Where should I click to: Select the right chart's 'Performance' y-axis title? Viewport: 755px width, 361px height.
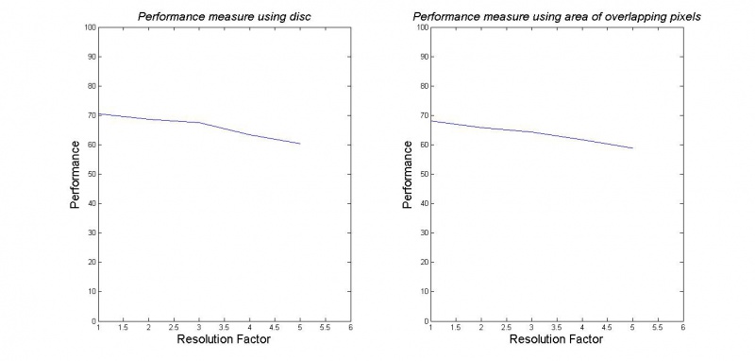click(x=407, y=175)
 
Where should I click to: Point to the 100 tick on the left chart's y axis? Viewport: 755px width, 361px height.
click(x=90, y=27)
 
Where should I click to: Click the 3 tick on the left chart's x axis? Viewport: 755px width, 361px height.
click(x=199, y=328)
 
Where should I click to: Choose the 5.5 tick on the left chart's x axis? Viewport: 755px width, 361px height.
click(x=325, y=328)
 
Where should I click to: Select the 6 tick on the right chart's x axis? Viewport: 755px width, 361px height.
click(x=682, y=328)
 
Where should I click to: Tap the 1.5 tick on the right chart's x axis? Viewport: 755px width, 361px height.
click(x=456, y=328)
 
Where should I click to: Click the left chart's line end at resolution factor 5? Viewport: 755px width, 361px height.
click(x=300, y=144)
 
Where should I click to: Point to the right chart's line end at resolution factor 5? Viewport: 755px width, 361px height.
click(x=632, y=148)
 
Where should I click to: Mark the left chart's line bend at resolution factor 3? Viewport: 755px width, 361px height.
click(x=199, y=123)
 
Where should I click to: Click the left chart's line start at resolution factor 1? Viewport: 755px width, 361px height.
click(x=99, y=113)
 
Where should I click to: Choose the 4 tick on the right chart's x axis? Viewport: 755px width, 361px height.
click(x=582, y=328)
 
